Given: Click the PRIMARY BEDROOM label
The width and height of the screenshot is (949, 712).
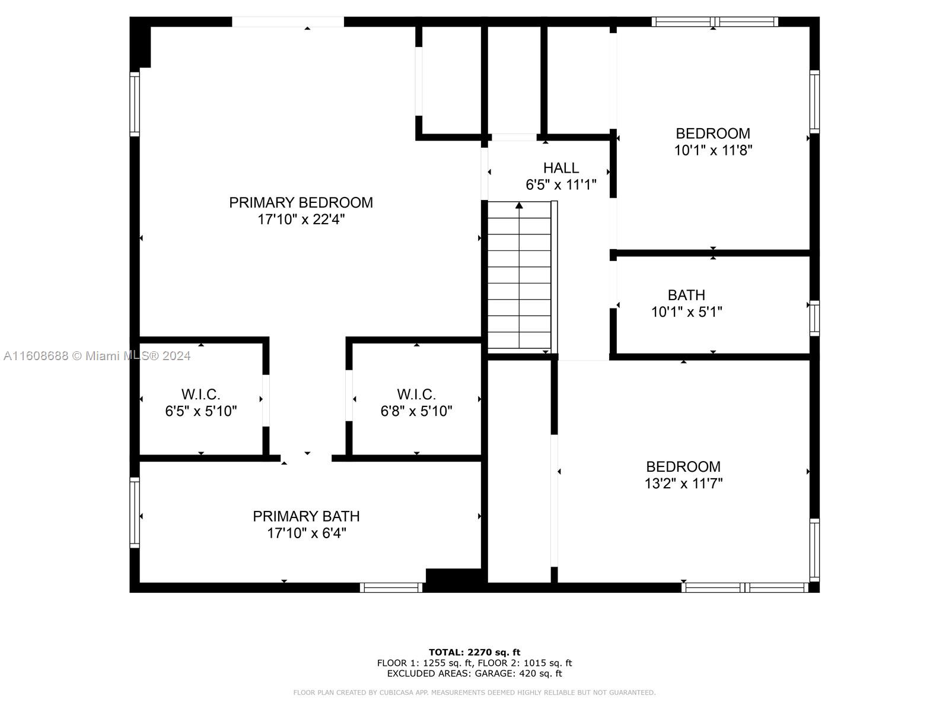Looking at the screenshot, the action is pyautogui.click(x=301, y=202).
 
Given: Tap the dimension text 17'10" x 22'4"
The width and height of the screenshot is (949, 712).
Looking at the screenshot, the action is pyautogui.click(x=301, y=219).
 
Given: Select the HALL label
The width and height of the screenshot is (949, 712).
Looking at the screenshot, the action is pyautogui.click(x=561, y=168).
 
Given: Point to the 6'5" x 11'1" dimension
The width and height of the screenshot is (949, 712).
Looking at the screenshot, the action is pyautogui.click(x=561, y=185).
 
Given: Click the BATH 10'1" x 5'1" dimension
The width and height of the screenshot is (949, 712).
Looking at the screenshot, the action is pyautogui.click(x=687, y=311).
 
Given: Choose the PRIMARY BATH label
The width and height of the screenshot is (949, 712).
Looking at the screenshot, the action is pyautogui.click(x=306, y=516).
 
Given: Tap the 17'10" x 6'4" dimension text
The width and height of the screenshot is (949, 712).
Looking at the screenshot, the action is pyautogui.click(x=306, y=533).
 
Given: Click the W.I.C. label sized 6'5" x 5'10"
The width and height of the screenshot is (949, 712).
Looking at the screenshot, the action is pyautogui.click(x=200, y=394).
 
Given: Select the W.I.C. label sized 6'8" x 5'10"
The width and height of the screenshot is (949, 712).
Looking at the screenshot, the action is pyautogui.click(x=416, y=394).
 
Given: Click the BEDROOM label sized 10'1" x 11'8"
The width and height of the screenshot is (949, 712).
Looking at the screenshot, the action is pyautogui.click(x=713, y=133).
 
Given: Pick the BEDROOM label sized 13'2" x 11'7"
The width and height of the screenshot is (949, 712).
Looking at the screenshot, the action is pyautogui.click(x=683, y=466).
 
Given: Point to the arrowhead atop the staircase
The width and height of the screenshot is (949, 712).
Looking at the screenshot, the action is pyautogui.click(x=519, y=205).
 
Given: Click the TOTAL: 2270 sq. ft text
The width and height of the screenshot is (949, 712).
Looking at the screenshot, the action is pyautogui.click(x=474, y=652).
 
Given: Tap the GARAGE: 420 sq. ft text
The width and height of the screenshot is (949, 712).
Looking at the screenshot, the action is pyautogui.click(x=518, y=673).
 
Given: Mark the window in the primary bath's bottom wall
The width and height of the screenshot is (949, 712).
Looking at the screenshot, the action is pyautogui.click(x=391, y=587).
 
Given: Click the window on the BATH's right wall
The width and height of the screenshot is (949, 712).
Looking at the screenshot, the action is pyautogui.click(x=814, y=318).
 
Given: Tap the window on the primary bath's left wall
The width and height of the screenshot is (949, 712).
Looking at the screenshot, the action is pyautogui.click(x=135, y=513).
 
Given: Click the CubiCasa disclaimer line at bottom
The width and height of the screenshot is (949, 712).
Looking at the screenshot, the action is pyautogui.click(x=474, y=692).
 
